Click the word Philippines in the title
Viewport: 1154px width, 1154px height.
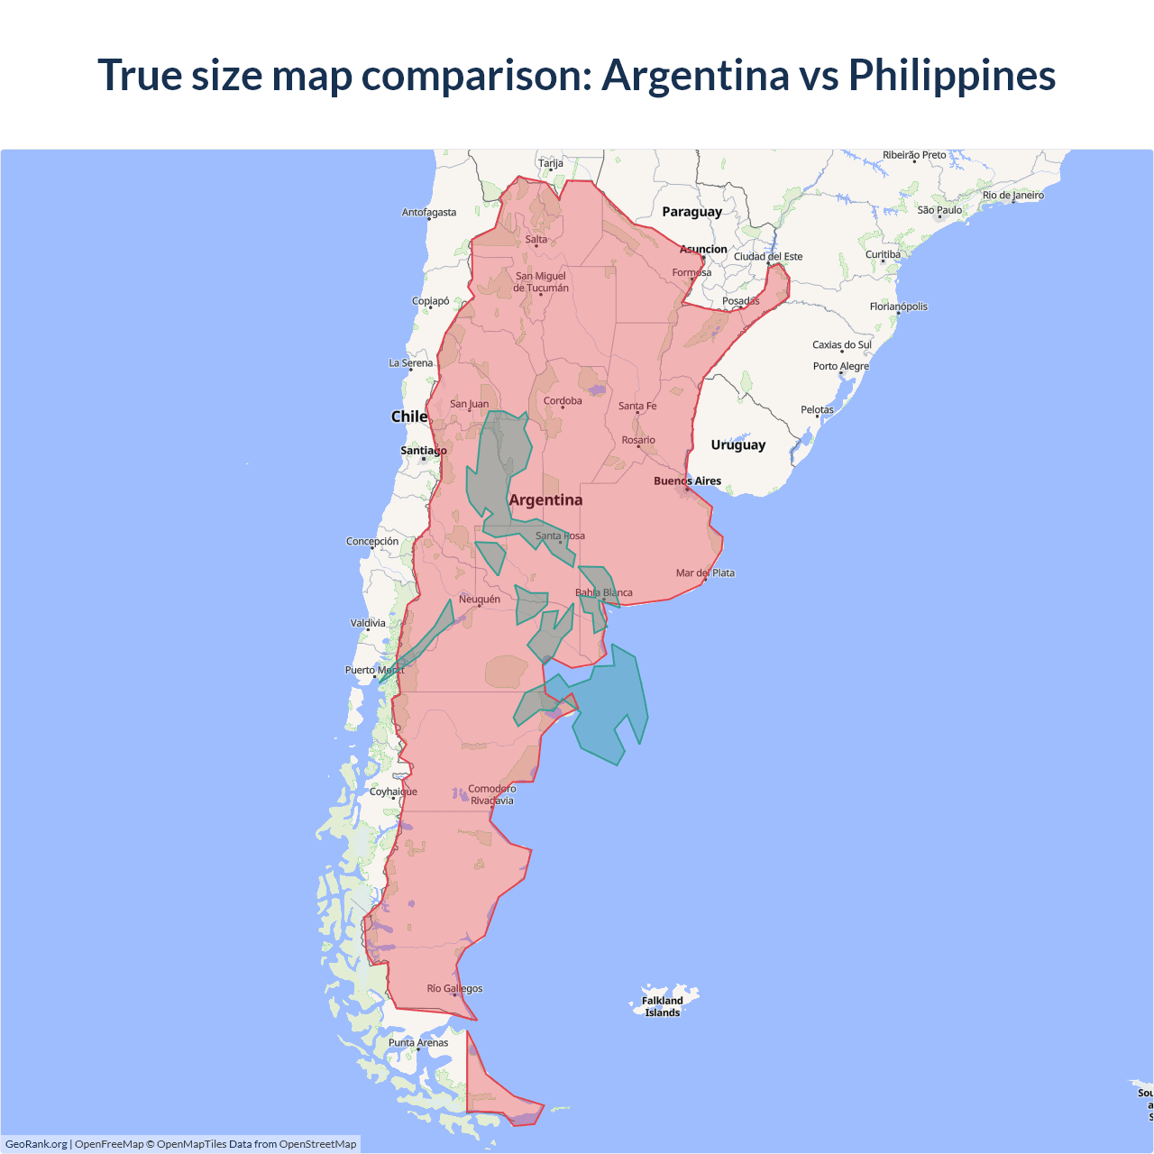[951, 75]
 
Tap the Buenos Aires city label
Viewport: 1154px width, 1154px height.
[687, 481]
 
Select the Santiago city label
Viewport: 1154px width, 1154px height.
[423, 451]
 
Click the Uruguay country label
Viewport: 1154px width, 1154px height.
[737, 445]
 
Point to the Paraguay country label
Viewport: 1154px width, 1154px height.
[691, 212]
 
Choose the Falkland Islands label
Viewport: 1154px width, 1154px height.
[662, 1006]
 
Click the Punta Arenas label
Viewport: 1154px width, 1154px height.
[418, 1043]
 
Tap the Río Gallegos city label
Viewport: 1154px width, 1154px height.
[454, 989]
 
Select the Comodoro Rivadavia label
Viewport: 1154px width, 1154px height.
[491, 794]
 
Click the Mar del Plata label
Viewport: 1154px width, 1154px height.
[705, 573]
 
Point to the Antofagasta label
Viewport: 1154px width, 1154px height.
[429, 213]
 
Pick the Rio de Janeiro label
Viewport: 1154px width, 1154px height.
[1013, 196]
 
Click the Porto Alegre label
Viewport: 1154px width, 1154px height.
[840, 367]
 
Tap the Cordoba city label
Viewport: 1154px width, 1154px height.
[563, 401]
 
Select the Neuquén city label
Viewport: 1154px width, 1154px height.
[479, 600]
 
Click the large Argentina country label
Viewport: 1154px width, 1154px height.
[545, 500]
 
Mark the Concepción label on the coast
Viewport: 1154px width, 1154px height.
[372, 542]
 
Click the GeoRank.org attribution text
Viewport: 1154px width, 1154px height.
[36, 1144]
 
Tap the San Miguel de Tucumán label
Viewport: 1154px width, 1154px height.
[541, 282]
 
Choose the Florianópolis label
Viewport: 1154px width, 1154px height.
[898, 307]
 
